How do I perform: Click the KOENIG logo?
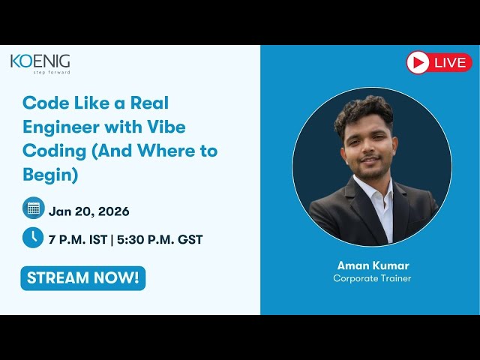click(40, 61)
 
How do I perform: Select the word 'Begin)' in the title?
click(49, 175)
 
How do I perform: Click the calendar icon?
click(33, 208)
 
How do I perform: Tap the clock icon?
click(33, 238)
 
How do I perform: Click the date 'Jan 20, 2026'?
click(89, 211)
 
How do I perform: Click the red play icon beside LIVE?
click(418, 62)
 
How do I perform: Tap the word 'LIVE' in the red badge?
click(450, 63)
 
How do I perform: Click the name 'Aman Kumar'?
click(372, 265)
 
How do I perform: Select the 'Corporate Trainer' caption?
click(372, 278)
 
